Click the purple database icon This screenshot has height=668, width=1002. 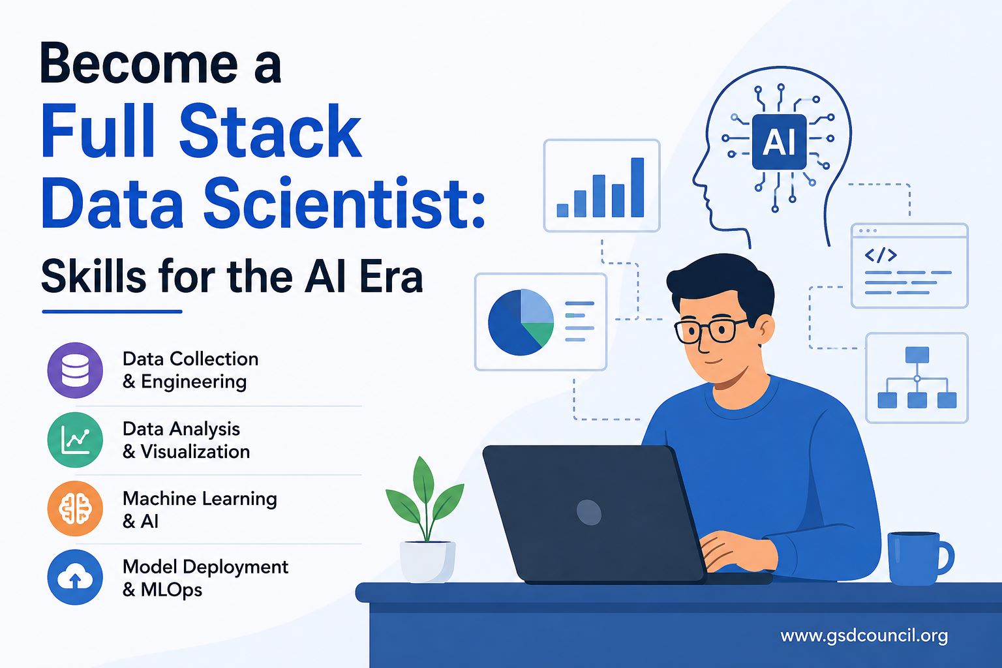tap(75, 370)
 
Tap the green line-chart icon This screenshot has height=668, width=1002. tap(75, 440)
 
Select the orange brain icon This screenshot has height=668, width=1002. tap(75, 509)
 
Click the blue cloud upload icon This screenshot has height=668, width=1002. tap(75, 577)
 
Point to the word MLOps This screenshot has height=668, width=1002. tap(172, 590)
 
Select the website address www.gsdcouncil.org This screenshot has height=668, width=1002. tap(864, 636)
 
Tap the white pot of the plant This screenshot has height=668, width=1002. tap(428, 562)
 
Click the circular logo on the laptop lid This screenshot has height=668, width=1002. tap(588, 512)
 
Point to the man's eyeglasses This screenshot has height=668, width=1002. tap(710, 331)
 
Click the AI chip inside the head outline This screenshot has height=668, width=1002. tap(780, 142)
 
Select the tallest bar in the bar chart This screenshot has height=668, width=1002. tap(637, 187)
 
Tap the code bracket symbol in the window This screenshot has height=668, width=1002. tap(881, 255)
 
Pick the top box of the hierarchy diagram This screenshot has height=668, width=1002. tap(917, 355)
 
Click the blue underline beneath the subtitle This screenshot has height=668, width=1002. tap(112, 311)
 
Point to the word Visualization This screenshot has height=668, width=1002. tap(196, 451)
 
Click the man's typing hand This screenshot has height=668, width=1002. tap(734, 551)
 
